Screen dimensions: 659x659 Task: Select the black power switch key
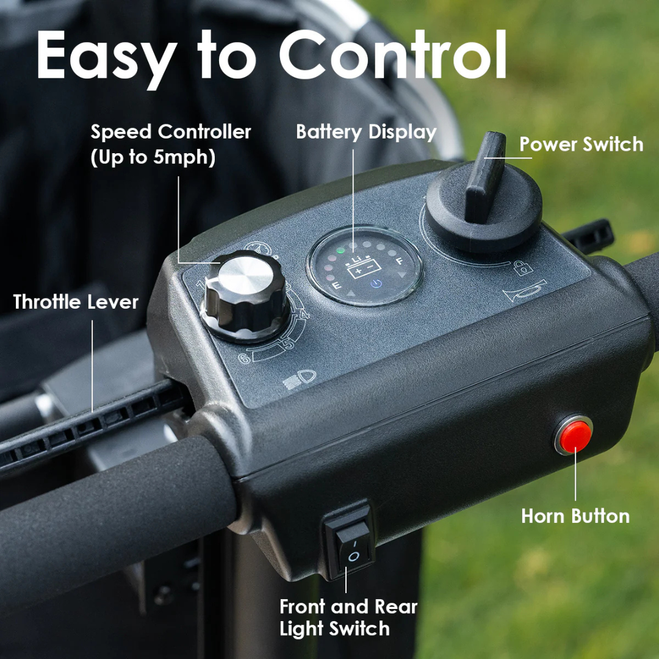(485, 177)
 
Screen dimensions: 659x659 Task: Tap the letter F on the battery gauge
(400, 261)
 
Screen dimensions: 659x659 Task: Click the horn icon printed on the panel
(524, 291)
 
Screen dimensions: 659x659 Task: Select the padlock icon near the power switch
(523, 267)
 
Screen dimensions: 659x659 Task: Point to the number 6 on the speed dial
(244, 357)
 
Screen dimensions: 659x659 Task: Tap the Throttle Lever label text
(76, 301)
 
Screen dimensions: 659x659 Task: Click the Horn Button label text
(575, 516)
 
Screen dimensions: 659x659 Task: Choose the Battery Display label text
(366, 132)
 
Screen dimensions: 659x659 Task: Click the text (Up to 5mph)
(153, 157)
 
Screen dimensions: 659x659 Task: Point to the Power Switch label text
(581, 145)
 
